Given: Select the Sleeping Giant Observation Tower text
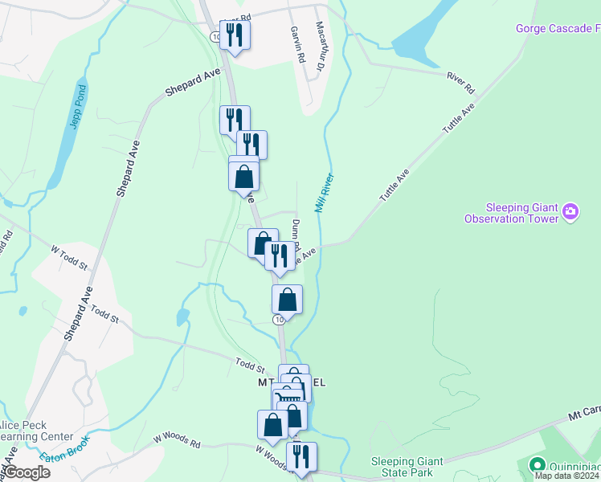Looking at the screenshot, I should point(511,212).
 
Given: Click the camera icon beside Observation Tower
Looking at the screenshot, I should point(570,212).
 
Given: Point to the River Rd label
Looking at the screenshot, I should point(460,83).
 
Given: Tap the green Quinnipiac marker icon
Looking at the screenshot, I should point(537,465).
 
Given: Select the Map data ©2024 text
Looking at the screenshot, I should point(566,476).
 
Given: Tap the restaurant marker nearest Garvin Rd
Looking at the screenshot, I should point(235,35).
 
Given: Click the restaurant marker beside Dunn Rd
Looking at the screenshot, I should point(279,255).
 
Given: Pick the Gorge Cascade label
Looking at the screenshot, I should point(558,29).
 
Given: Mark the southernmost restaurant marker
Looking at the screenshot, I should point(301,455).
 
